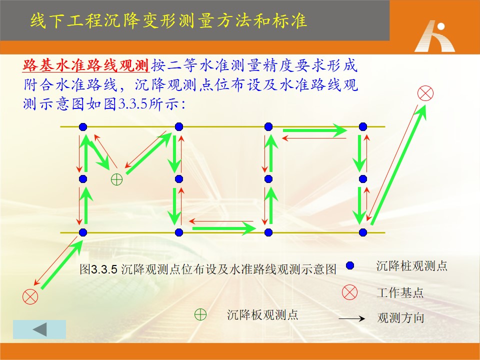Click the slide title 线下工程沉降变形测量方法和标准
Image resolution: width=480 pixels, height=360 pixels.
(168, 21)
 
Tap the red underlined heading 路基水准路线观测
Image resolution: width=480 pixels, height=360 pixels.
(85, 65)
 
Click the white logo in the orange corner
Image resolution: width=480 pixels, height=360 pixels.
(434, 36)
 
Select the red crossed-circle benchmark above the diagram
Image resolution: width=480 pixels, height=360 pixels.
(425, 93)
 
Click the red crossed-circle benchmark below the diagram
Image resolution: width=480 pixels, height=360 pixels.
(30, 296)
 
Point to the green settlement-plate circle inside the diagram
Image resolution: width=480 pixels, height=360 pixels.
(116, 179)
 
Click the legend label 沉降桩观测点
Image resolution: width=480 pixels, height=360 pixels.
(411, 265)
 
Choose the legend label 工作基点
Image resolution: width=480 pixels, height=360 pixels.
(400, 292)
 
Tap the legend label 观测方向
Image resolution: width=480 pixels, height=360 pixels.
(400, 318)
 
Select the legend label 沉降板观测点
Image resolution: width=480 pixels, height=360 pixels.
(262, 314)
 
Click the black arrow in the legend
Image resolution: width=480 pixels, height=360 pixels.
(351, 318)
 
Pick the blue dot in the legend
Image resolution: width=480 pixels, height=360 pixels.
(350, 265)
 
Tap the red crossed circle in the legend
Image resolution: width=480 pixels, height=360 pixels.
(349, 292)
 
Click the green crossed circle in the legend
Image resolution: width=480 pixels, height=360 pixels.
(200, 314)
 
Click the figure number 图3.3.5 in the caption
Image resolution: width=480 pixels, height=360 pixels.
(98, 269)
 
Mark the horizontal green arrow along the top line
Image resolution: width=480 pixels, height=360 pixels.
(315, 130)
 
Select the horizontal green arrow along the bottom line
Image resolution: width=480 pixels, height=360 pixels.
(224, 228)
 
